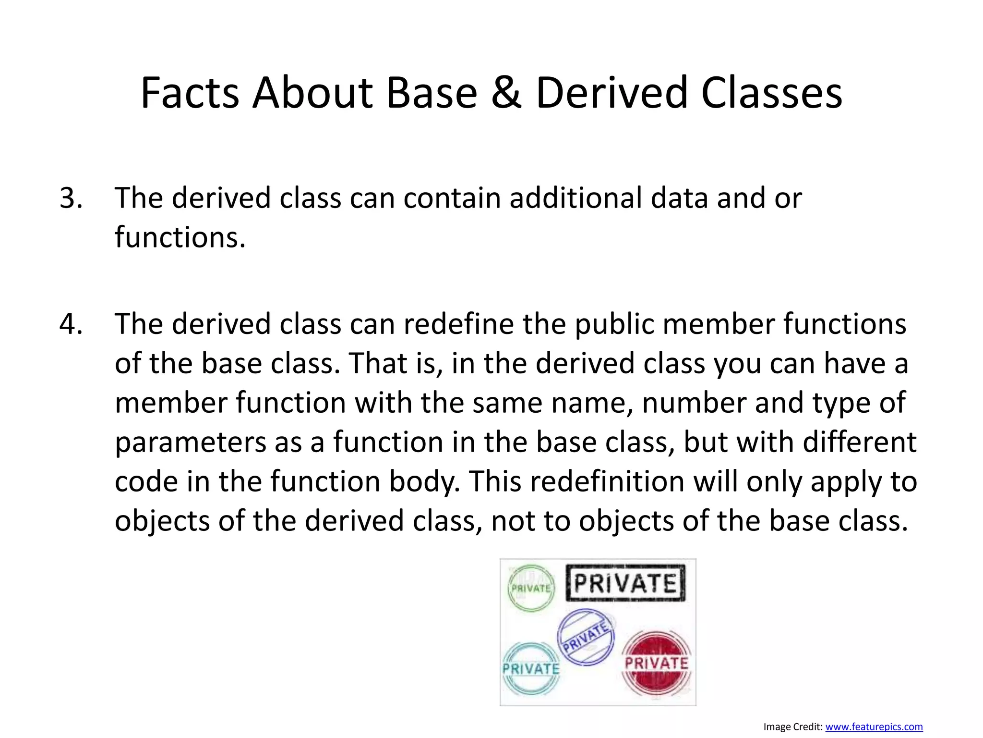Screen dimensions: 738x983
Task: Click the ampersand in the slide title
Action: coord(506,93)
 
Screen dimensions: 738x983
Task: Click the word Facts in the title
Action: coord(190,93)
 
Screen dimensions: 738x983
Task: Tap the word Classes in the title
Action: coord(771,93)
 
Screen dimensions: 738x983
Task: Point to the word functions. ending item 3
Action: coord(180,237)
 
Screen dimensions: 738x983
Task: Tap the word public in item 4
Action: coord(614,324)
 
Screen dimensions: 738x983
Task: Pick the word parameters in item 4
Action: coord(190,443)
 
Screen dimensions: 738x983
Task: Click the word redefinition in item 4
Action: coord(576,481)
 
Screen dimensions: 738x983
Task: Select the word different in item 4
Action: coord(859,442)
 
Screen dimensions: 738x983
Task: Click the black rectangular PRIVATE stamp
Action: coord(625,583)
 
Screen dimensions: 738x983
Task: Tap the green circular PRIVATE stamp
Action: coord(531,588)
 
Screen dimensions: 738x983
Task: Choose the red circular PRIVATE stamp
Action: coord(656,664)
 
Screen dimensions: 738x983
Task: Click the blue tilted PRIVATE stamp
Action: coord(586,637)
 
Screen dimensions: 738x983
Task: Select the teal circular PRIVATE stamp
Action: coord(530,669)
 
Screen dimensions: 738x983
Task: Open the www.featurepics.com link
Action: coord(874,727)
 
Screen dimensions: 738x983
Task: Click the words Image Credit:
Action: coord(793,727)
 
